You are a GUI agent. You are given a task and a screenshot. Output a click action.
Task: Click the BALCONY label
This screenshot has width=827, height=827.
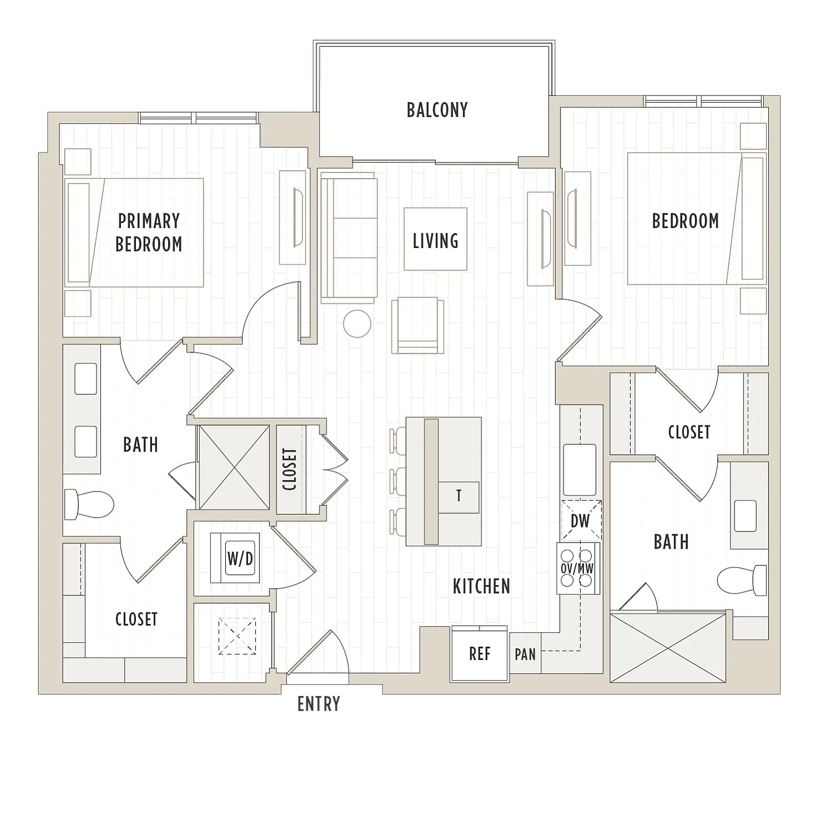coord(437,110)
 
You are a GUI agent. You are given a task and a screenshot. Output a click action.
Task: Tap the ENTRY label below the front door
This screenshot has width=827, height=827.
coord(318,704)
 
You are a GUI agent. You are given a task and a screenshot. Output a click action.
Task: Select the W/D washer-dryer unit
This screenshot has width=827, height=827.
coord(234,558)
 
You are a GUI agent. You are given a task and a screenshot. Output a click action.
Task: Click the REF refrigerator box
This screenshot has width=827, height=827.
coord(480,653)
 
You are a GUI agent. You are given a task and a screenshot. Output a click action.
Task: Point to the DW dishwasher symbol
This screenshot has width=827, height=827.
coord(581,520)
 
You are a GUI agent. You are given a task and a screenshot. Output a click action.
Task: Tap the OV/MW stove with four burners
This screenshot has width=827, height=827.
coord(578,568)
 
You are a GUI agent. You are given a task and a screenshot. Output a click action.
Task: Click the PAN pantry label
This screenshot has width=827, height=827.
coord(525,655)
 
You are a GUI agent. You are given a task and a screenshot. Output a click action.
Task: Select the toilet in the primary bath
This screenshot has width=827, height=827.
coord(89,504)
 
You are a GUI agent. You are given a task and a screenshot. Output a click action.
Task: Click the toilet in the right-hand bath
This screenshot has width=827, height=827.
coord(742,580)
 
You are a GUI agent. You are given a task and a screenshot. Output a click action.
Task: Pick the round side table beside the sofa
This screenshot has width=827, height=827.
coord(357,323)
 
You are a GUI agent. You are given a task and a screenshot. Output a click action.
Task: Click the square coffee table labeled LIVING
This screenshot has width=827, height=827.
coord(435,239)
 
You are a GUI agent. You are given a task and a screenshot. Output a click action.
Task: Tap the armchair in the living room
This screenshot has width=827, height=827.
coord(418,326)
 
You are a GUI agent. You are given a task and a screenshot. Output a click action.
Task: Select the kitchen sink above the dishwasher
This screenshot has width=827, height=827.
coord(580,469)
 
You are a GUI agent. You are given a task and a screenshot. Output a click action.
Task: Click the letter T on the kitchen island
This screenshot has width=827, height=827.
coord(459,496)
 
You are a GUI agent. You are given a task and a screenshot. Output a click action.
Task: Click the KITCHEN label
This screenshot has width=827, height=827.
coord(481,586)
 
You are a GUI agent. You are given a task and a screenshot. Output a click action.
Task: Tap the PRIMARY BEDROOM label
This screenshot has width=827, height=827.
coord(149,232)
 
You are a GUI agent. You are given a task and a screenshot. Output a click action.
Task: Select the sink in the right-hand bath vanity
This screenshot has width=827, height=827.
coord(745,516)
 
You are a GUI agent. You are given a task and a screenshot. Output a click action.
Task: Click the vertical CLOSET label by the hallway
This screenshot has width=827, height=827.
coord(290,469)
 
